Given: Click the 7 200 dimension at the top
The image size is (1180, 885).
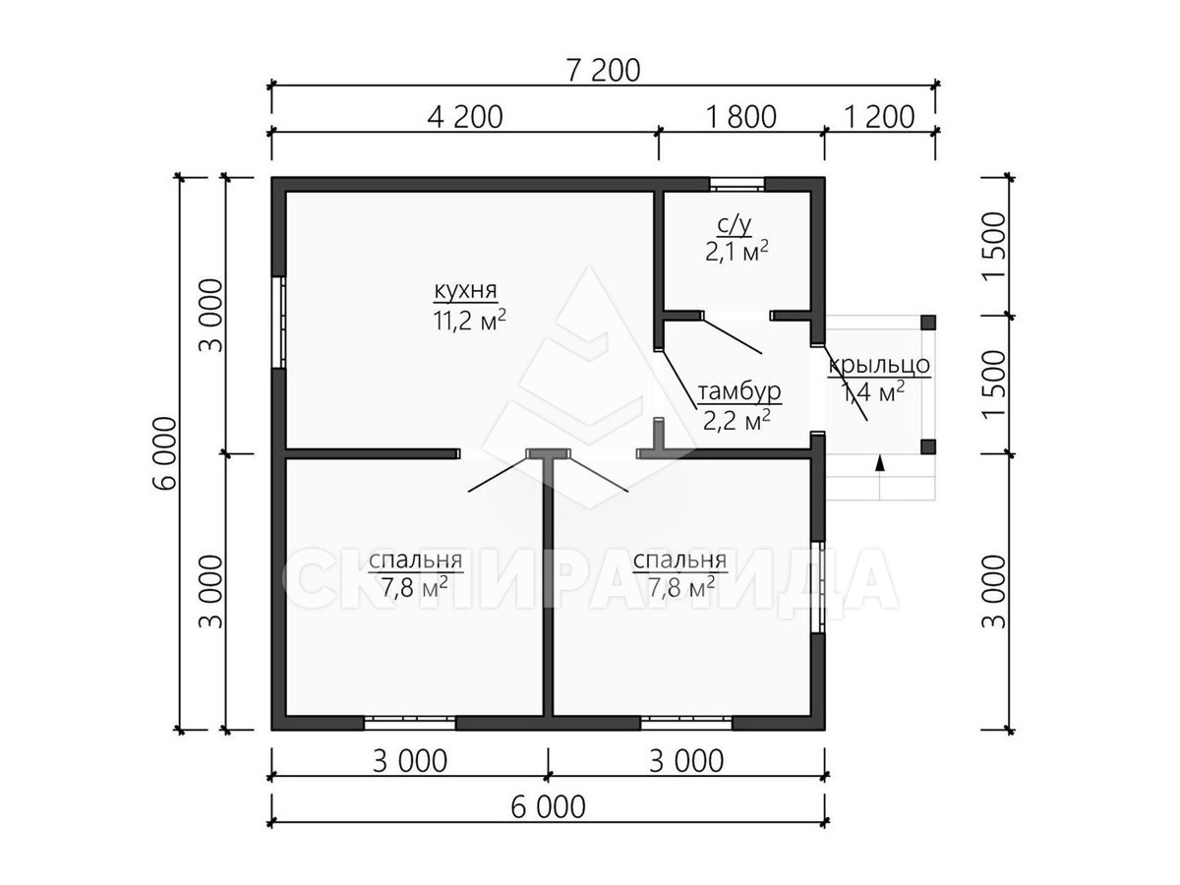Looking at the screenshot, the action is (603, 71).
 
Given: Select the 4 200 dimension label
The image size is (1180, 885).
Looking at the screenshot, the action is (464, 117).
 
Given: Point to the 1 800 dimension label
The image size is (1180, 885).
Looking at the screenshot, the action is (741, 117).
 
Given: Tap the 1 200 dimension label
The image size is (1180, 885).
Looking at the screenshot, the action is (879, 117).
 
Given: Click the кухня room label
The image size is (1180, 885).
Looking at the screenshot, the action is (465, 291).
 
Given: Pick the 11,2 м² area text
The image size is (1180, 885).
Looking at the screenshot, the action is (469, 320).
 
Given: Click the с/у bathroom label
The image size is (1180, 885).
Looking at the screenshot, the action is (736, 226).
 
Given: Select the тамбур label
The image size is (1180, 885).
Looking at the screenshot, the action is (739, 391).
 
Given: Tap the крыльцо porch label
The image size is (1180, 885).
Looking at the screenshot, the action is (878, 365).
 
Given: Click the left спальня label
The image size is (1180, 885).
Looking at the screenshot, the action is (415, 560).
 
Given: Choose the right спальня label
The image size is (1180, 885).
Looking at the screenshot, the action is (679, 560).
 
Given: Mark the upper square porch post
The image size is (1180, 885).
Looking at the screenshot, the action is (928, 323).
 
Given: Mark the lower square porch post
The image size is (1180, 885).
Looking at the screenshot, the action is (928, 446).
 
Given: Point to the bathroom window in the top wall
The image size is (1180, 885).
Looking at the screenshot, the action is (737, 184).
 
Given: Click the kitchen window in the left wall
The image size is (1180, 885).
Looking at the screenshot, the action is (278, 322).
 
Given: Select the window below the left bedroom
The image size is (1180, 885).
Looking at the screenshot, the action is (410, 722).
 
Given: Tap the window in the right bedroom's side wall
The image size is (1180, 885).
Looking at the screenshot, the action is (818, 587).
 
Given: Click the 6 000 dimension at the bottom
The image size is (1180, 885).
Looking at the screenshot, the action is (548, 807).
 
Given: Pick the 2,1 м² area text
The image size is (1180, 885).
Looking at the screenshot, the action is (737, 252).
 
